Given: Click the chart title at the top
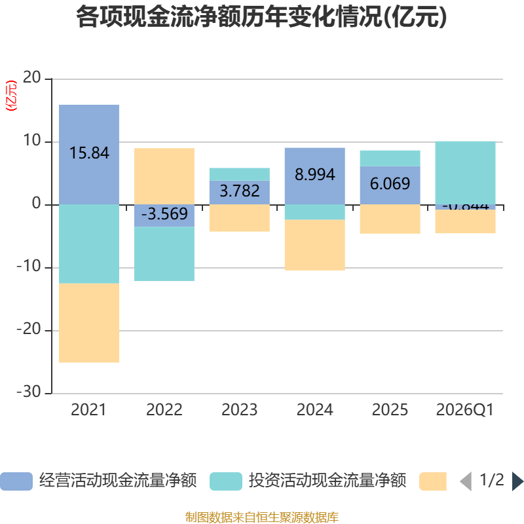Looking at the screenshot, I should click(261, 18).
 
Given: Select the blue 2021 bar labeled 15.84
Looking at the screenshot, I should click(89, 154).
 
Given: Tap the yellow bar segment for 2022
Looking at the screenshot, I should click(164, 176).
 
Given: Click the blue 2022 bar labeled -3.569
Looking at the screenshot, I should click(164, 215).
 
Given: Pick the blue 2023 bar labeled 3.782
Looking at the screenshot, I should click(240, 192).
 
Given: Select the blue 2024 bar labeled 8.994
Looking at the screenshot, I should click(315, 176).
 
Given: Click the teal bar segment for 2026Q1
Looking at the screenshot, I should click(466, 172).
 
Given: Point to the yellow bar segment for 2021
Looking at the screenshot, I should click(89, 323).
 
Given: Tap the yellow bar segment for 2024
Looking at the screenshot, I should click(315, 245).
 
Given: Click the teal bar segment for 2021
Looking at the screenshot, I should click(89, 244).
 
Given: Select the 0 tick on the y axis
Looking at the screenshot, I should click(37, 204).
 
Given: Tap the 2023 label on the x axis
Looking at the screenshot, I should click(240, 410).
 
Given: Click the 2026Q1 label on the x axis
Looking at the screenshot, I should click(465, 410).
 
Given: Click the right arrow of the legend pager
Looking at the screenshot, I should click(517, 481).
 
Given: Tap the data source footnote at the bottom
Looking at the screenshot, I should click(261, 517).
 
